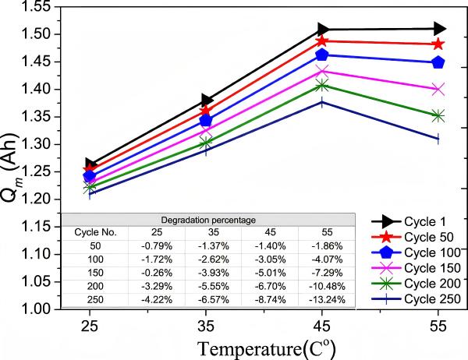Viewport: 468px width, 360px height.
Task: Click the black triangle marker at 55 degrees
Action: point(438,29)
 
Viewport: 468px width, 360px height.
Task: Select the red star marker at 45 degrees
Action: point(322,41)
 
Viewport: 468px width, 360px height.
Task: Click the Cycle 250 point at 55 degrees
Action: point(438,139)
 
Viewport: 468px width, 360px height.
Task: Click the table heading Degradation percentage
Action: point(208,221)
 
